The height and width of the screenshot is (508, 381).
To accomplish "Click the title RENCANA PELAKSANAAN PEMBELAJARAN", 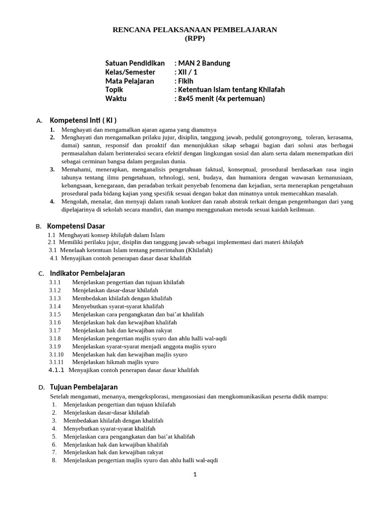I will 195,30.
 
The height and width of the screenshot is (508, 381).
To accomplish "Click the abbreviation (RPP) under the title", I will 194,38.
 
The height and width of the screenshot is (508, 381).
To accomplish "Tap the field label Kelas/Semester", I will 130,72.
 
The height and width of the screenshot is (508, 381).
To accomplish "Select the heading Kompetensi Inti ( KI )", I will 83,121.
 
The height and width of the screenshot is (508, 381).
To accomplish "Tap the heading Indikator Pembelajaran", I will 87,273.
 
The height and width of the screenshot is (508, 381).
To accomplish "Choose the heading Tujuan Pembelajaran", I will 84,387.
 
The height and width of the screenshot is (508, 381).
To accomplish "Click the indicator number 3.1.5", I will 55,314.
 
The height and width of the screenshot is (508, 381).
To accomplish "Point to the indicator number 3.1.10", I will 56,354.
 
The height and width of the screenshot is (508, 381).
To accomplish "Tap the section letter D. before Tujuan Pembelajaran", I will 42,387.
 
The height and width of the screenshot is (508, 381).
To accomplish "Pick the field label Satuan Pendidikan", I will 135,63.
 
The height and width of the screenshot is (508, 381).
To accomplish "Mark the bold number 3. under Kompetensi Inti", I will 52,169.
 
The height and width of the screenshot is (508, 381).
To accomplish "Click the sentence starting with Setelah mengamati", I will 189,396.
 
